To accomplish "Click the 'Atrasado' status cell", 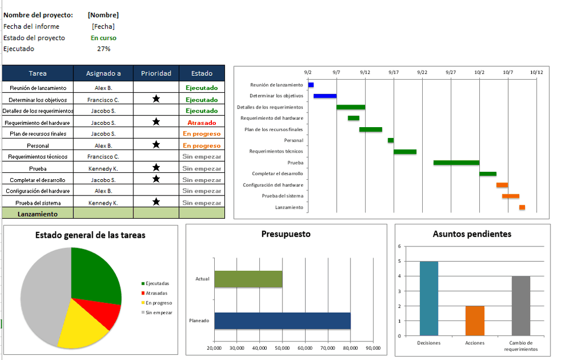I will (x=202, y=122).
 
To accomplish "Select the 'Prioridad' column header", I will (x=156, y=73).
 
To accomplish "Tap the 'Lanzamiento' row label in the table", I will (x=38, y=214).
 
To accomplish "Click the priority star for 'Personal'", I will (x=156, y=145).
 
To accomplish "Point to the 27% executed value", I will (x=103, y=49).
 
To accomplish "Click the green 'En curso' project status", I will (x=103, y=38).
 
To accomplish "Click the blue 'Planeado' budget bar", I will (x=282, y=320).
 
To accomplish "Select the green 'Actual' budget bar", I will (x=248, y=279).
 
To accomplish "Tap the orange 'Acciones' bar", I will (x=475, y=320).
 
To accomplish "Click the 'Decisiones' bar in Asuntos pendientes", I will (x=428, y=298).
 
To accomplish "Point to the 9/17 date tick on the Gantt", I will (x=393, y=72).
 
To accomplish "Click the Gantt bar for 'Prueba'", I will (x=456, y=163).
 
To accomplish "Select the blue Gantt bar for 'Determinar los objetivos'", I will (x=325, y=96).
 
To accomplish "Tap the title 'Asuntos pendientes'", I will (x=472, y=234).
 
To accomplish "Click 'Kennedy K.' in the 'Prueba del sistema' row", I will (x=103, y=203).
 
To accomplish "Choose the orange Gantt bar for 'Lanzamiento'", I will (x=522, y=207).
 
